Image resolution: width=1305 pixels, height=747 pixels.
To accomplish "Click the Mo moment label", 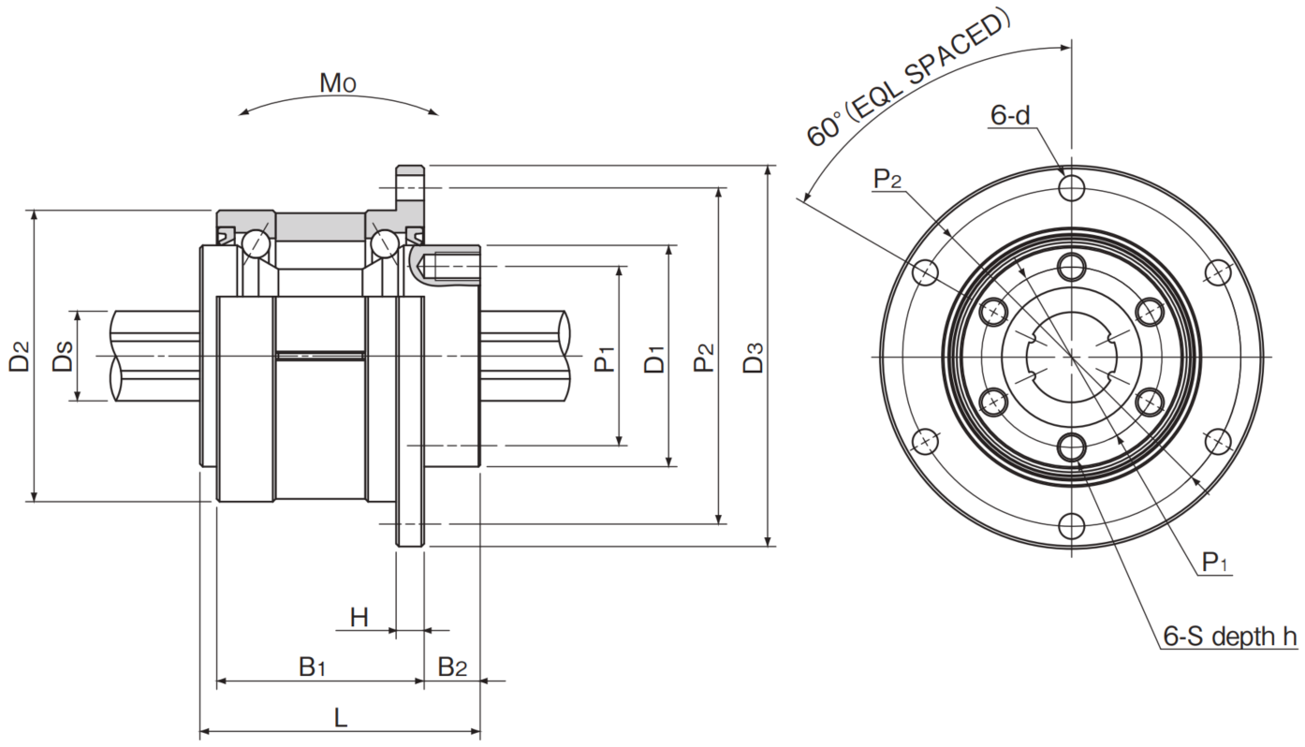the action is tap(337, 83).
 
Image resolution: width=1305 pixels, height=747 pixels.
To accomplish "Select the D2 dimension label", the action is tap(19, 356).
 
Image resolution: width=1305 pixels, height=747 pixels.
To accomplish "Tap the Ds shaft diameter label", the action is tap(63, 356).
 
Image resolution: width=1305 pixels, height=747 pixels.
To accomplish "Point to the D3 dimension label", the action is tap(754, 357).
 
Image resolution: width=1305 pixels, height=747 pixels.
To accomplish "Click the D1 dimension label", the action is tap(654, 358).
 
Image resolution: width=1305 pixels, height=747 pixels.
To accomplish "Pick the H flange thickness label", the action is tap(359, 617).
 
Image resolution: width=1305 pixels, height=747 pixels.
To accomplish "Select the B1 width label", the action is tap(313, 667).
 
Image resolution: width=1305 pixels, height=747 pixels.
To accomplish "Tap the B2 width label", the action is tap(453, 667).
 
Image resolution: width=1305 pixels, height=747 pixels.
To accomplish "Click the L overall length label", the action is tap(340, 717).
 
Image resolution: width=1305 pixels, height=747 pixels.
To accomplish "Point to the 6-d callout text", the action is tap(1010, 115).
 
